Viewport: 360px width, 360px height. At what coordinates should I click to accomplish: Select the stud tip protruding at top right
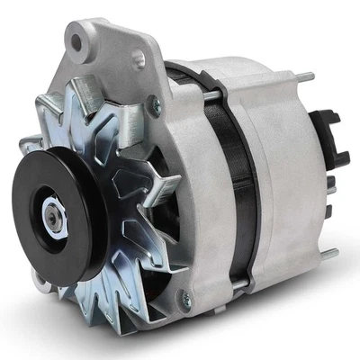pos(306,76)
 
